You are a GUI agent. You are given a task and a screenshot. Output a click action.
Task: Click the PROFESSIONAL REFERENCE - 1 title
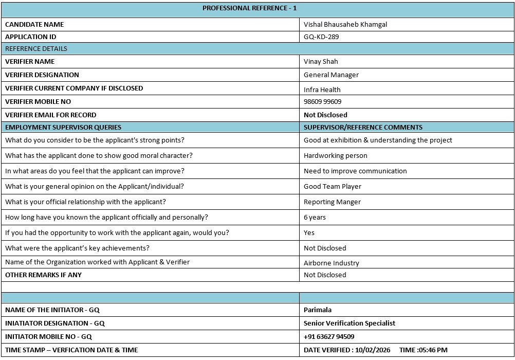coord(249,8)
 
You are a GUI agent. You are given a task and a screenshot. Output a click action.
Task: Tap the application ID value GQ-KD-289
coord(321,37)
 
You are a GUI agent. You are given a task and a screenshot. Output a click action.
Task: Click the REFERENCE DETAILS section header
coord(36,49)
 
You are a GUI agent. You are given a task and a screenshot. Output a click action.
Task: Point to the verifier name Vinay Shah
coord(321,62)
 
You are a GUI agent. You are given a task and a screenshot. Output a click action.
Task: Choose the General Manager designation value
coord(331,75)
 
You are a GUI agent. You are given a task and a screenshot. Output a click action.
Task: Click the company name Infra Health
coord(322,89)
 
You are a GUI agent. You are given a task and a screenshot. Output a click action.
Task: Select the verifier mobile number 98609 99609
coord(322,102)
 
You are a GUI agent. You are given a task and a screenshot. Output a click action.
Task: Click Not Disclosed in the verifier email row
coord(325,115)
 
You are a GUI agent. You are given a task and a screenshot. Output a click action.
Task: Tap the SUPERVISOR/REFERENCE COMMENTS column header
coord(363,128)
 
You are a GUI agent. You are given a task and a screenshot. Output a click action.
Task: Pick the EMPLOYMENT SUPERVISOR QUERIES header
coord(63,128)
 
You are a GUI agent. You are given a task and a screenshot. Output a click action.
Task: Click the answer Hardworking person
coord(335,156)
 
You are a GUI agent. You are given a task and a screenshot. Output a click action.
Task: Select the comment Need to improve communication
coord(355,171)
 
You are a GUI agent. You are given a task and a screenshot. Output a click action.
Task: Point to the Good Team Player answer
coord(333,187)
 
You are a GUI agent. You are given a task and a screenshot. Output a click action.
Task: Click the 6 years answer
coord(315,218)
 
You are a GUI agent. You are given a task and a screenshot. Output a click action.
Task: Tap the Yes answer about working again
coord(309,233)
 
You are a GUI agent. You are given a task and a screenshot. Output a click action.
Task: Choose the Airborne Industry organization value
coord(331,263)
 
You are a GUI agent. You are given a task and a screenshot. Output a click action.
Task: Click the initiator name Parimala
coord(317,310)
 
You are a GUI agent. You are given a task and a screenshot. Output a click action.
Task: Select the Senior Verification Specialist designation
coord(350,323)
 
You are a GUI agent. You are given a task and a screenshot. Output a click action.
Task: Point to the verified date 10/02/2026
coord(373,350)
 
